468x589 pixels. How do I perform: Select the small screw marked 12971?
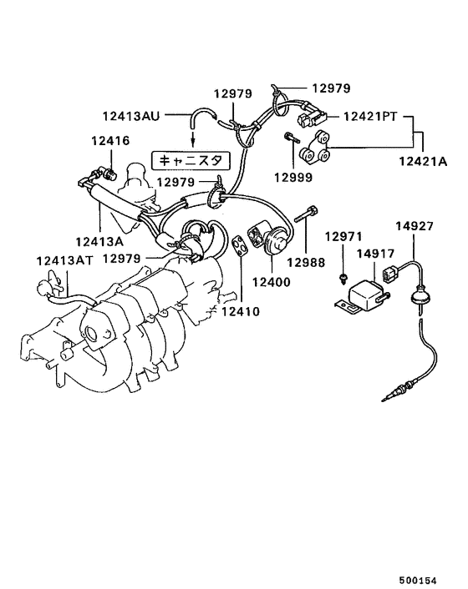click(x=343, y=276)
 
